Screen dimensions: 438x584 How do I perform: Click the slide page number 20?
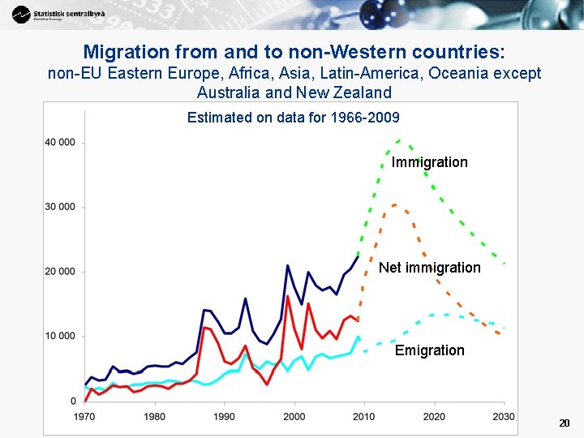tap(565, 423)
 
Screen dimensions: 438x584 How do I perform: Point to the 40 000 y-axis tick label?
tap(60, 143)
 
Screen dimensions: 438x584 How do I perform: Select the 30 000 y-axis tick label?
tap(60, 207)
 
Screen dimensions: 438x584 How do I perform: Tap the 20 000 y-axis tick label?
tap(60, 272)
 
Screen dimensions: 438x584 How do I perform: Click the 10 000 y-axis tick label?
tap(60, 336)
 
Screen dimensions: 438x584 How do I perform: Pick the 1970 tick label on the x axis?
tap(84, 416)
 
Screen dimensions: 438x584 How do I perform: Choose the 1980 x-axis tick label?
tap(154, 416)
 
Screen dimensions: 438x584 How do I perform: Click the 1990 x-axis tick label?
tap(225, 416)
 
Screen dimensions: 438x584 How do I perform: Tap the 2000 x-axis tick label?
tap(294, 416)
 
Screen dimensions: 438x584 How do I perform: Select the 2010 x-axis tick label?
tap(364, 416)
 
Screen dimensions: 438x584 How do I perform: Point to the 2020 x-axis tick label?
tap(434, 416)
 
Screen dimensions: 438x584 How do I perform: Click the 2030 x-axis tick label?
tap(503, 416)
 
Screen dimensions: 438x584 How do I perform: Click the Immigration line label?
tap(429, 162)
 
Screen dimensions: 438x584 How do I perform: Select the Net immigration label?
tap(429, 268)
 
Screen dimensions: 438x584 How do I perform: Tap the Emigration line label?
tap(429, 350)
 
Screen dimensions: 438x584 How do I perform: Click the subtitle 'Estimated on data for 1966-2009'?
tap(293, 118)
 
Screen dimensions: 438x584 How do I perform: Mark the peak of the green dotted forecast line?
tap(398, 140)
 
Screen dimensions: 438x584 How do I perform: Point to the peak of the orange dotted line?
tap(394, 204)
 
